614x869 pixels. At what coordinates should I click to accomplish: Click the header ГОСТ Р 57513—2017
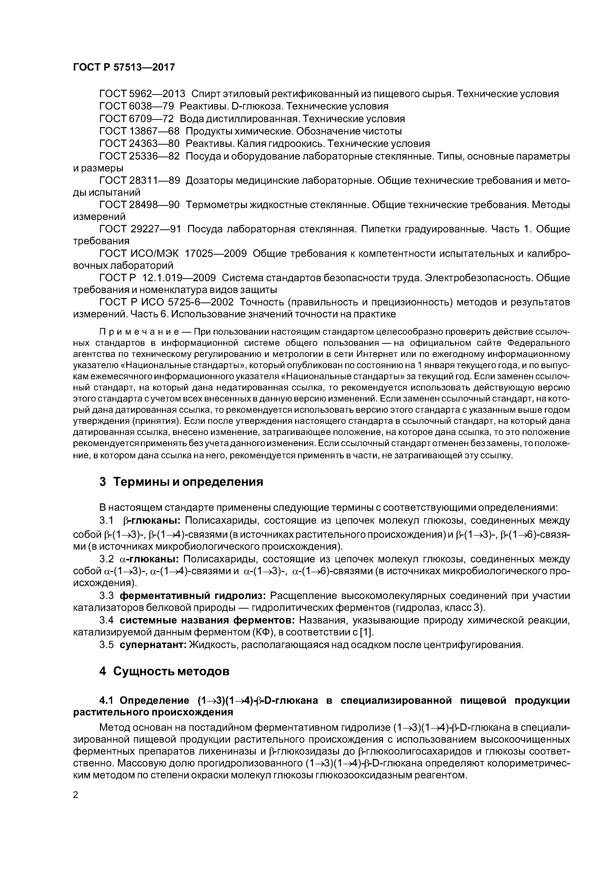[x=124, y=67]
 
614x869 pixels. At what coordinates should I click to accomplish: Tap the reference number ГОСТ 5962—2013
[x=142, y=94]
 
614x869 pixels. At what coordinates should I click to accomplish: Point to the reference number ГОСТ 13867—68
[x=139, y=131]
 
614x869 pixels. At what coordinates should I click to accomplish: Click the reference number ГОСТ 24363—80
[x=139, y=144]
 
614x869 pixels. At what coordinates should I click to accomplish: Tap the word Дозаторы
[x=208, y=181]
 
